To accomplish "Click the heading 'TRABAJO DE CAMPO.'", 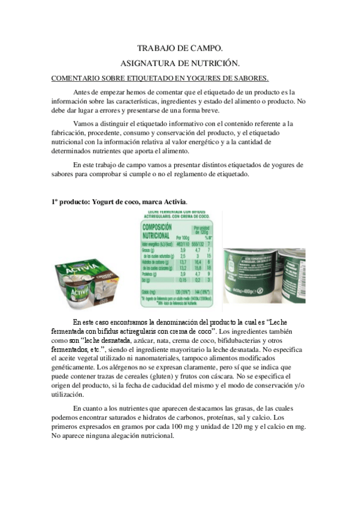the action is tap(180, 48).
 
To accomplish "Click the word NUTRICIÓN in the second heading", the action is tap(214, 63).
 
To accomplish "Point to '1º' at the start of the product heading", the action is tap(55, 201).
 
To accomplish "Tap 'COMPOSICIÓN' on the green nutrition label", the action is tap(156, 227).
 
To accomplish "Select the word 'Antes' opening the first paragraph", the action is tap(84, 92).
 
